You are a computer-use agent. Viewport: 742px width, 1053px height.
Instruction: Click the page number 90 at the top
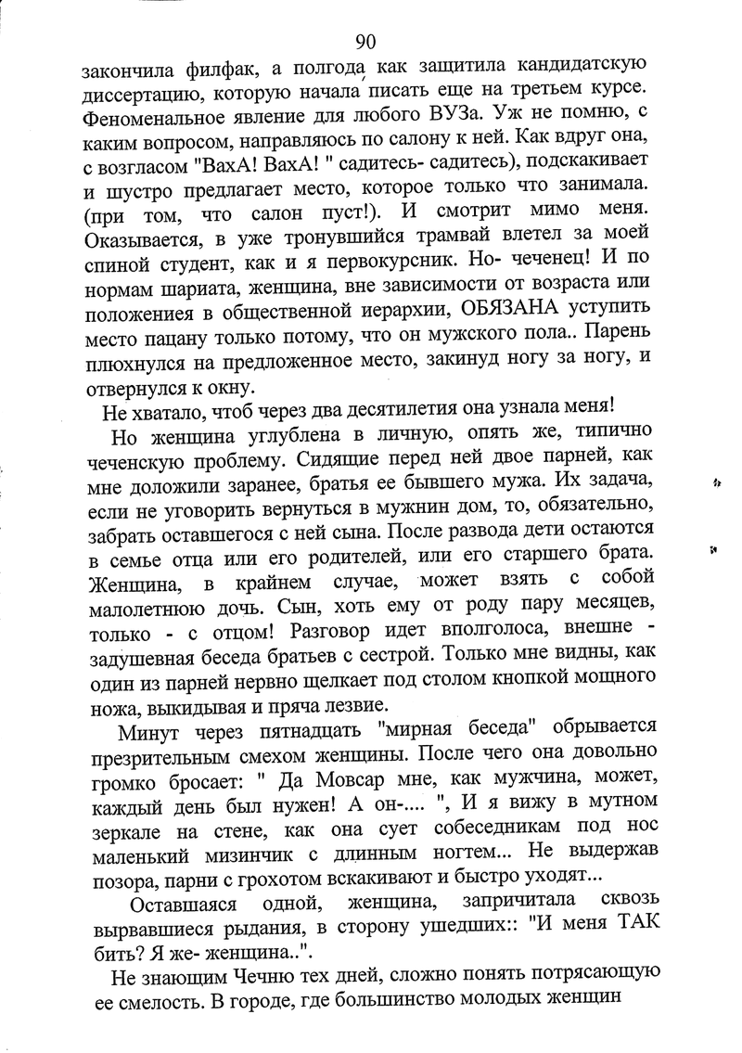[x=365, y=41]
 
